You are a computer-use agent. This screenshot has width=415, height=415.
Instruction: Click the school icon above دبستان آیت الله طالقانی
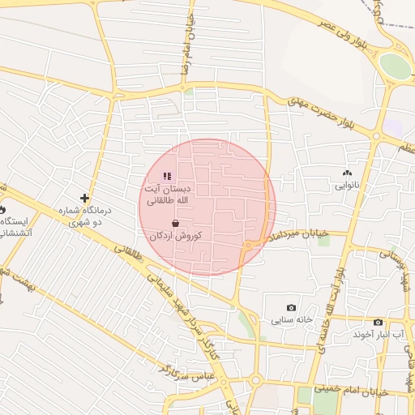coord(167,176)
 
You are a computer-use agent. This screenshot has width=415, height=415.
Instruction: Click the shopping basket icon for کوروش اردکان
coord(176,223)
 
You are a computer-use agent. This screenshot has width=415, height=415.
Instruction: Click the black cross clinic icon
coord(84,198)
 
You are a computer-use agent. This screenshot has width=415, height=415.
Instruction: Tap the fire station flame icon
coord(3,207)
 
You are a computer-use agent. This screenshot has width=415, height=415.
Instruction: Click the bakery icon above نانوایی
coord(348,173)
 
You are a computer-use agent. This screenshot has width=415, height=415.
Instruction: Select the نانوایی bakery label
coord(346,186)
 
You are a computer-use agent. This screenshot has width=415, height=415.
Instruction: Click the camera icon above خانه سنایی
coord(292,308)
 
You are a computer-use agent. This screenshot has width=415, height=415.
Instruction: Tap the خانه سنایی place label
coord(289,320)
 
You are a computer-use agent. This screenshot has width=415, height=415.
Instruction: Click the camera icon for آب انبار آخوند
coord(378,322)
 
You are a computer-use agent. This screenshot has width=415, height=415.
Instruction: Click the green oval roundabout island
coord(395,66)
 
